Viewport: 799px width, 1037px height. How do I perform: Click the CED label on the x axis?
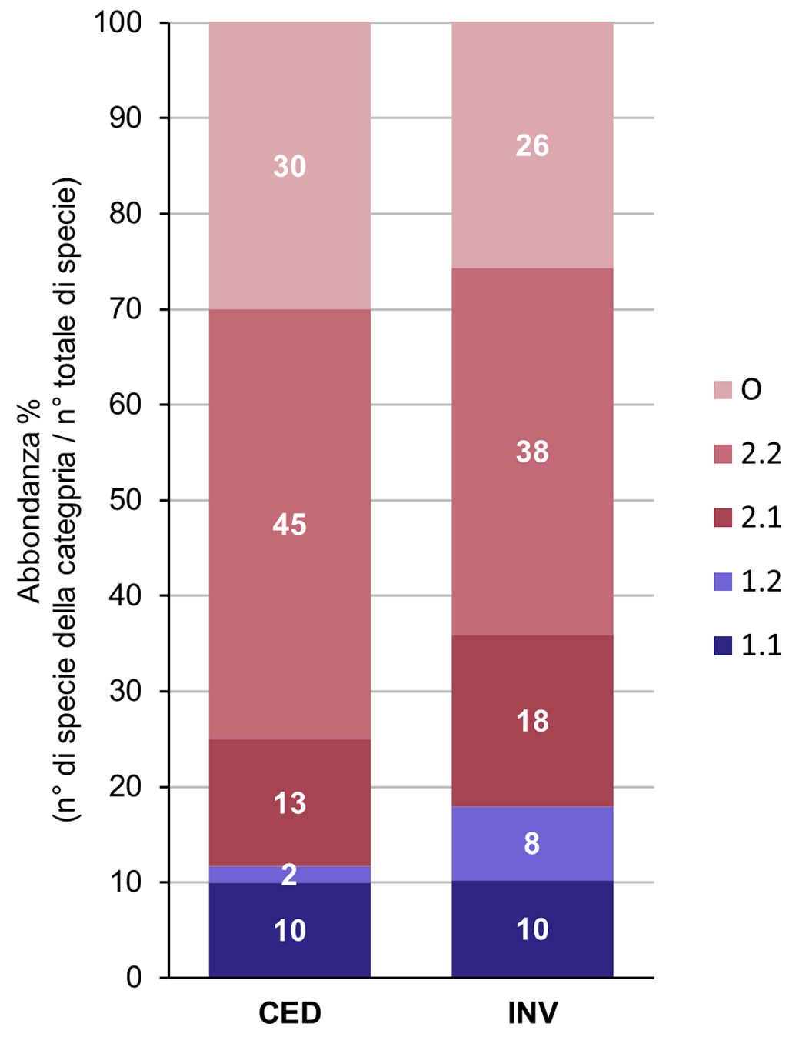[x=289, y=1012]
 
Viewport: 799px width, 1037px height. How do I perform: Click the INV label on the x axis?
[x=532, y=1012]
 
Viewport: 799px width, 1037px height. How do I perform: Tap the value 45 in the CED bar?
[x=289, y=525]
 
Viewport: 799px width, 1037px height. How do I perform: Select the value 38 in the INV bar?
[x=532, y=452]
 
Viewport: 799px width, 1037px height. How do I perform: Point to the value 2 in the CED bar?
[x=289, y=875]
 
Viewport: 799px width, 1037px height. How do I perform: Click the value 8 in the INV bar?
[x=532, y=844]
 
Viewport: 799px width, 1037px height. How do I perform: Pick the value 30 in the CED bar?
[x=289, y=166]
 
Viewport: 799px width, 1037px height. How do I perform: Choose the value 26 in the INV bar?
[x=532, y=145]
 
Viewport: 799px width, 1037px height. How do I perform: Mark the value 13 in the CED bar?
[x=289, y=803]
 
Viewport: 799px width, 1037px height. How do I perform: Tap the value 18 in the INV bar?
[x=532, y=721]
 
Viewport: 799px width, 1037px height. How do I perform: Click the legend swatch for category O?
[x=723, y=390]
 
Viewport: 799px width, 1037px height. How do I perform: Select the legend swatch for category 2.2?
[x=723, y=454]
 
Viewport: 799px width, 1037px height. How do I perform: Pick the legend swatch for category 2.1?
[x=723, y=518]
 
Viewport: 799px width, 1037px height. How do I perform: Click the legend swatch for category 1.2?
[x=723, y=582]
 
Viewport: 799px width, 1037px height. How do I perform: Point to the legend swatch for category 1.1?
[x=723, y=645]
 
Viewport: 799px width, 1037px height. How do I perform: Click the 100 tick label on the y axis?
[x=118, y=23]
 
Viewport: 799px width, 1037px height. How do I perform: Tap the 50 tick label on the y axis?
[x=125, y=500]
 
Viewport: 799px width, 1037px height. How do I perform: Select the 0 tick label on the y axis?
[x=134, y=978]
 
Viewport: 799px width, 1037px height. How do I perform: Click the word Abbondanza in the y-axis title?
[x=29, y=500]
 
